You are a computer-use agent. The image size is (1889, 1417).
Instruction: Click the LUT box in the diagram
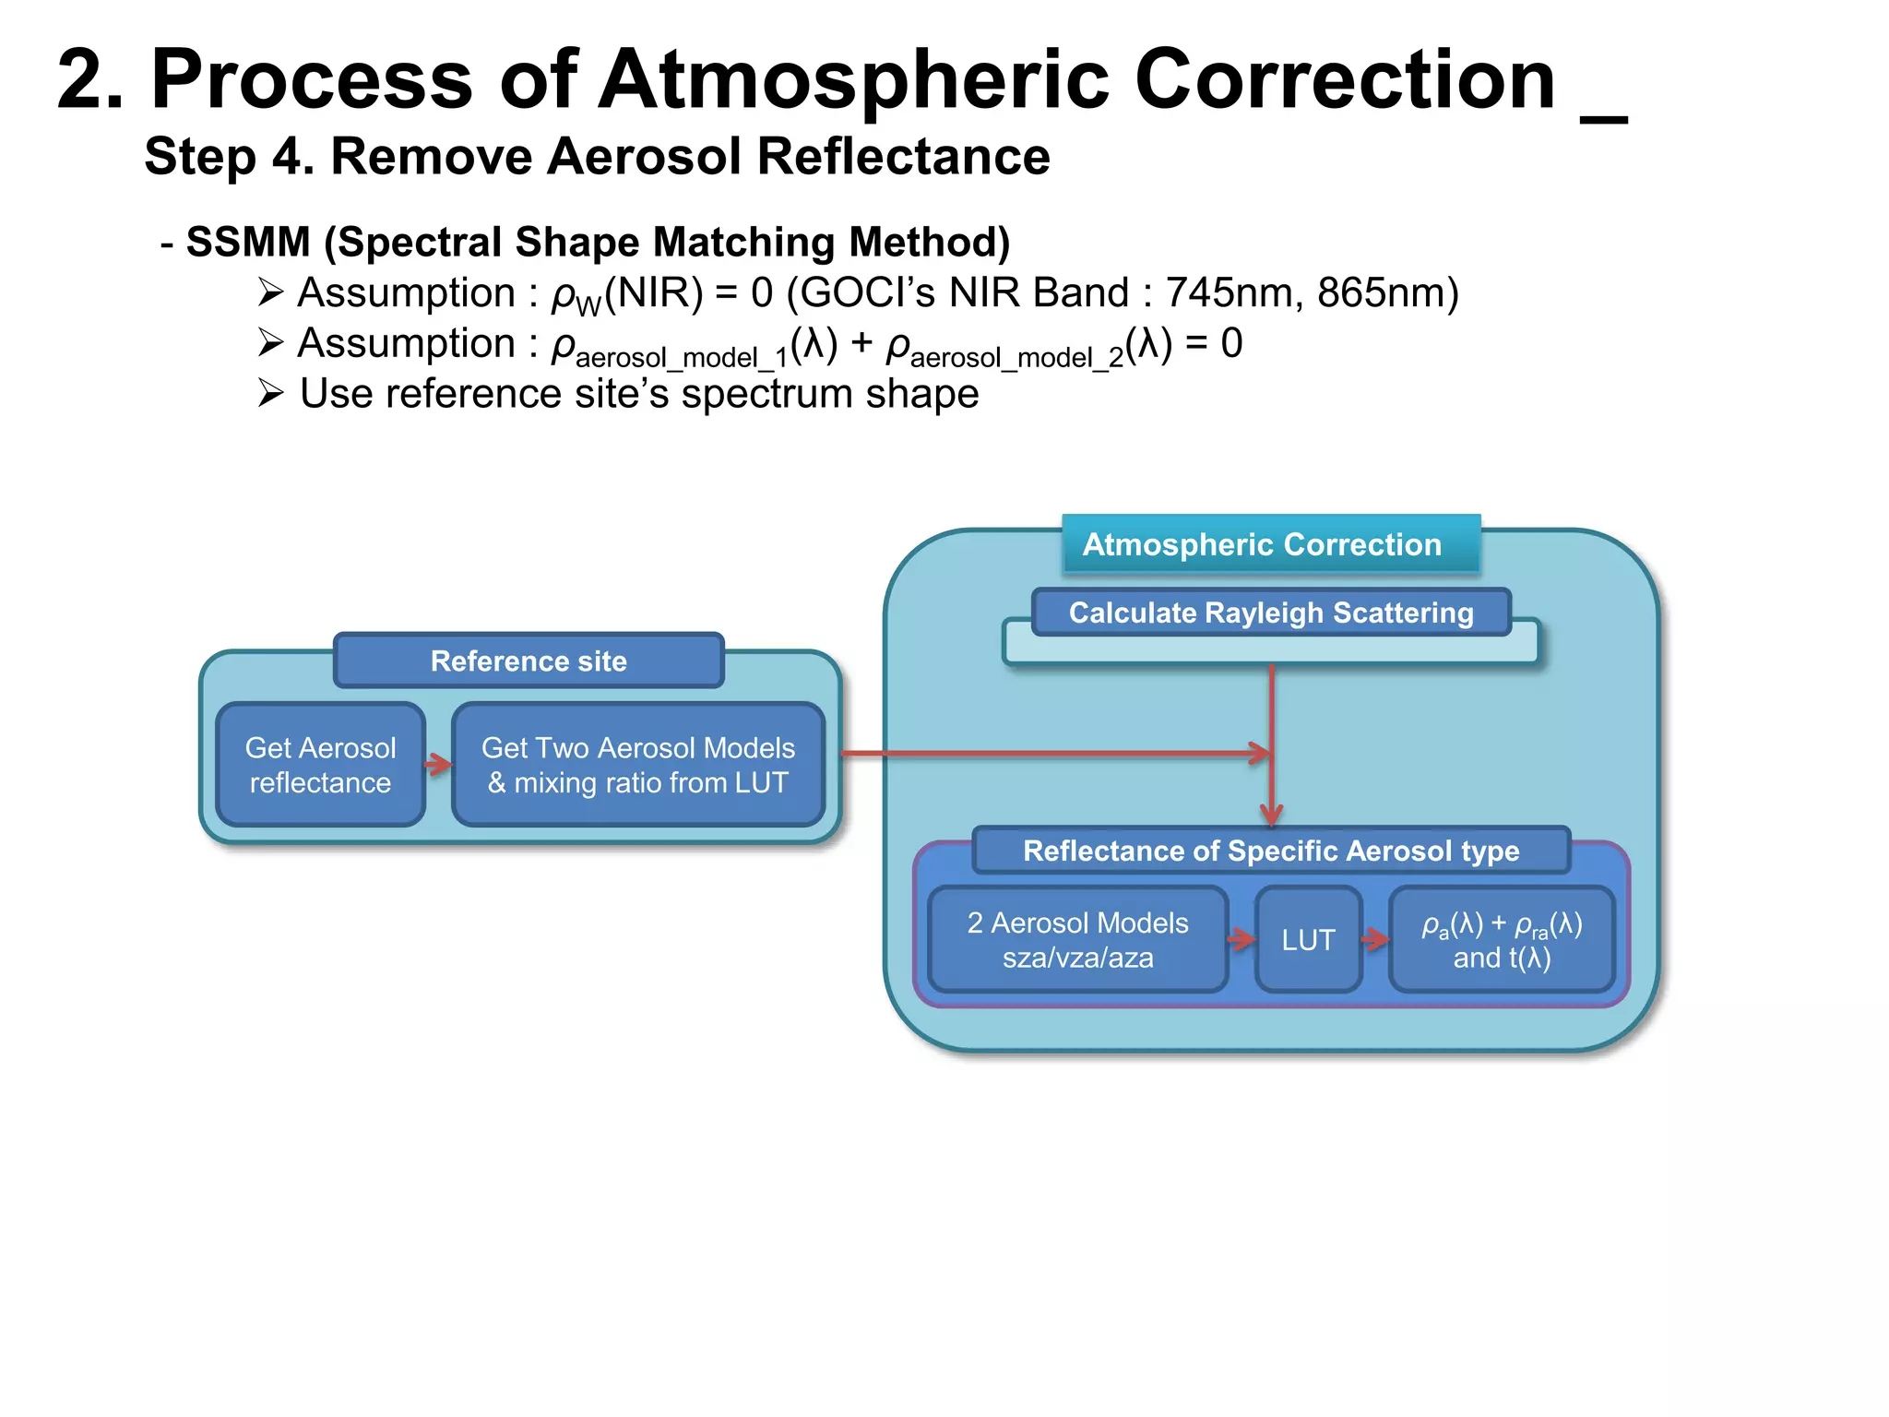tap(1308, 940)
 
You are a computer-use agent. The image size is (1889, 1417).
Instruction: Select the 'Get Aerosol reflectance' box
tap(320, 765)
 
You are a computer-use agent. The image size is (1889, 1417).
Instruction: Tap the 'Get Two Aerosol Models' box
tap(637, 765)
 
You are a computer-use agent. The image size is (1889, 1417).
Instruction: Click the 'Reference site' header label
tap(529, 661)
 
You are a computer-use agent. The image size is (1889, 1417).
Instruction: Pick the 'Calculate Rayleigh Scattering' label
tap(1271, 613)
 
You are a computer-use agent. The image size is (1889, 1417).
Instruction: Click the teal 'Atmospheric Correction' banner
tap(1262, 544)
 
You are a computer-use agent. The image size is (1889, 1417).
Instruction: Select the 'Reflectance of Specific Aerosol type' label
tap(1271, 851)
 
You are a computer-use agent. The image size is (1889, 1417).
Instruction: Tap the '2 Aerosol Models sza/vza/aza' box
tap(1077, 940)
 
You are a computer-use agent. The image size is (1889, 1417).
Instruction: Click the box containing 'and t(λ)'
tap(1502, 940)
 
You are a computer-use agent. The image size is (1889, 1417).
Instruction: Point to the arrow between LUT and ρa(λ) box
tap(1375, 940)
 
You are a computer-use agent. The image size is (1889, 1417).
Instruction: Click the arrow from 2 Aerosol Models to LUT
tap(1242, 940)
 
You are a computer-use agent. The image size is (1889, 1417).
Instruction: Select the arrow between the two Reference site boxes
tap(438, 764)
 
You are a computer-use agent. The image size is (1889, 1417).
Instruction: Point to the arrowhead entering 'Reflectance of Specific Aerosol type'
tap(1272, 815)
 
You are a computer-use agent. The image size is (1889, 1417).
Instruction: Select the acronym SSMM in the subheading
tap(248, 243)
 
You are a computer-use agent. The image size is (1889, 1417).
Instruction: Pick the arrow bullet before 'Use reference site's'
tap(270, 394)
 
